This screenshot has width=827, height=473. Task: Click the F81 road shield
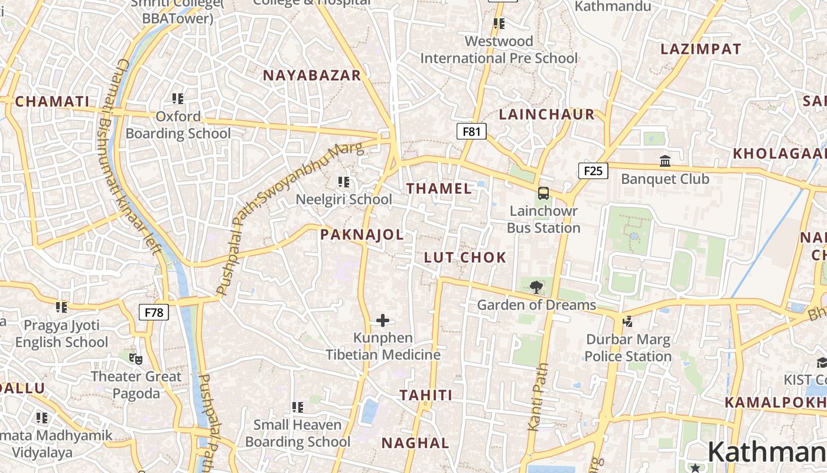coord(471,131)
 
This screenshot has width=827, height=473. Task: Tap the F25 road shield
coord(593,171)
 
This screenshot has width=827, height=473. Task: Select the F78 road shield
coord(154,312)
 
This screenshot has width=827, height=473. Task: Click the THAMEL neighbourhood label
coord(439,189)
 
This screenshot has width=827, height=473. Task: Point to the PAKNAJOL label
coord(362,235)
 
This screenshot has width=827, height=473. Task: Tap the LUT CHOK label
coord(465,257)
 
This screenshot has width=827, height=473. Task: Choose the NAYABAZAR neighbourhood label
coord(312,75)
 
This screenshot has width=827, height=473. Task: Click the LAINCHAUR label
coord(547,114)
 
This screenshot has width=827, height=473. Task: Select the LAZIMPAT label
coord(701,49)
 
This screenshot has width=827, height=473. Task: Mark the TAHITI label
coord(426,395)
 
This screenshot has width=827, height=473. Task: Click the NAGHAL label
coord(415,443)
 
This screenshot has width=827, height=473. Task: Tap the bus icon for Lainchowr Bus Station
coord(543,193)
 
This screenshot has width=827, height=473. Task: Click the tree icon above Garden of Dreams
coord(536,287)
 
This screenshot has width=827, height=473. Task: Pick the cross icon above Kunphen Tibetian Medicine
coord(383,320)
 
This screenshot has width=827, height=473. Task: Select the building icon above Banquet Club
coord(665,161)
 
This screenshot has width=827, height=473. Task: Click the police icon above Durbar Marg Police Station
coord(628,322)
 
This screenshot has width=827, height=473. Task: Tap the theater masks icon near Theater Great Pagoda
coord(136,358)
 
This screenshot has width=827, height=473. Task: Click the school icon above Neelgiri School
coord(344,182)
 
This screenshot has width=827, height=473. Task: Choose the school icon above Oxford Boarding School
coord(178,98)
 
